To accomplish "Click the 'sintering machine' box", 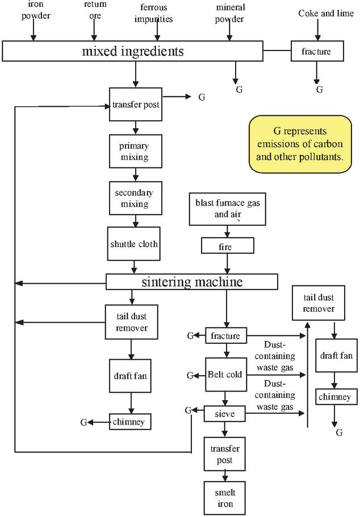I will click(192, 281).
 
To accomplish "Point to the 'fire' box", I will click(227, 245).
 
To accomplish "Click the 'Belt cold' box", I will click(227, 375).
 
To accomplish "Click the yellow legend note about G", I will click(300, 144).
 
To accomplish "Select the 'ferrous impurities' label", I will click(153, 12).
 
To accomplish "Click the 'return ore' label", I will click(95, 10).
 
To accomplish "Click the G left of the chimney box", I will click(83, 422).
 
